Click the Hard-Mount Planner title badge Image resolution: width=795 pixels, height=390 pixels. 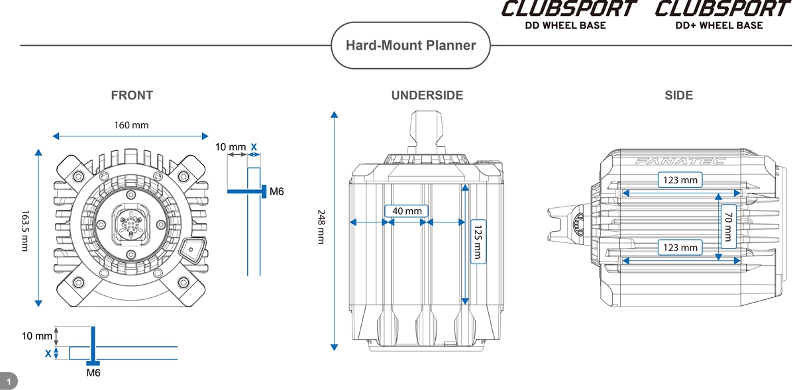tap(411, 46)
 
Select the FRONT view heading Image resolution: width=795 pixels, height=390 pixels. tap(132, 95)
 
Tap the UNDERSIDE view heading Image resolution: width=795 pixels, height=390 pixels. tap(427, 95)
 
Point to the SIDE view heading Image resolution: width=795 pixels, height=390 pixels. tap(678, 95)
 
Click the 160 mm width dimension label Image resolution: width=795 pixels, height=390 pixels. tap(131, 124)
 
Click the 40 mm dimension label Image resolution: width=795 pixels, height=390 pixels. tap(407, 211)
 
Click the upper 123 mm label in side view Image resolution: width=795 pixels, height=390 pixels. tap(680, 179)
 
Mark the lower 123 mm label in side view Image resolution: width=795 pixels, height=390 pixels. tap(680, 248)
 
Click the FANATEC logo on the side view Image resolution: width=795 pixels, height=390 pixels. tap(680, 161)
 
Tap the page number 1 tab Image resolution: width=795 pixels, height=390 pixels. tap(9, 381)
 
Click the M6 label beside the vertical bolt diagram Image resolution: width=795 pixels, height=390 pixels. tap(277, 192)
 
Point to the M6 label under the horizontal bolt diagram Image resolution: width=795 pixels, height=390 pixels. tap(93, 373)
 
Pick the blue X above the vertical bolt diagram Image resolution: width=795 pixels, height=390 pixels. tap(254, 146)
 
